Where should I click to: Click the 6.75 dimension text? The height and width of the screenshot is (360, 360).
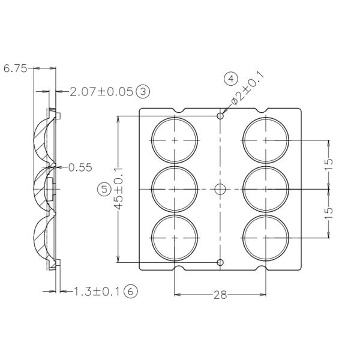tap(16, 68)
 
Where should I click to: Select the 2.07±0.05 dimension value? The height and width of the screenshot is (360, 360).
tap(101, 92)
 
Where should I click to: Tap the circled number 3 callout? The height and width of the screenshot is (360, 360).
tap(143, 92)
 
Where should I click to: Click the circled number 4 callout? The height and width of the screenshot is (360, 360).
tap(231, 79)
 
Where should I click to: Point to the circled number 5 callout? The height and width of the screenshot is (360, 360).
tap(104, 189)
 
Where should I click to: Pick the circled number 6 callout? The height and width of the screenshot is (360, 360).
tap(130, 292)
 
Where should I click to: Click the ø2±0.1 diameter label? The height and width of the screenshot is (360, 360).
tap(247, 89)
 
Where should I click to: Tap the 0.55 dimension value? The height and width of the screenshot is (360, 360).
tap(80, 167)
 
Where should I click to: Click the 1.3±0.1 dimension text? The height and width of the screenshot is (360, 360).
tap(97, 292)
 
